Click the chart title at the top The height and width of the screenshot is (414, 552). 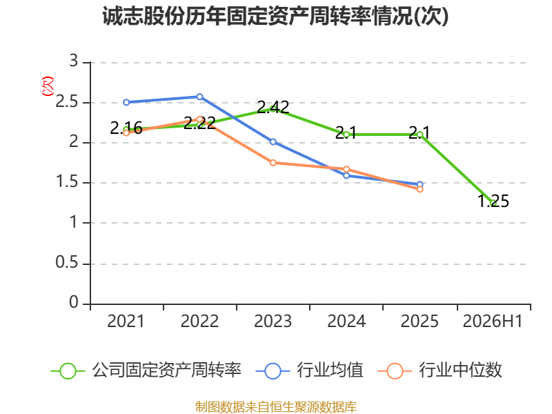275,16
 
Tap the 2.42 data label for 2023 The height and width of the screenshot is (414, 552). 273,107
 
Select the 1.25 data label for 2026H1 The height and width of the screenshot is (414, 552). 493,201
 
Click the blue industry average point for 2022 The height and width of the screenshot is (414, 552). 199,97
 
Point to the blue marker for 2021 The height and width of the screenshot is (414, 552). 126,102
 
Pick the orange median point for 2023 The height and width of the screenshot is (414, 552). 273,163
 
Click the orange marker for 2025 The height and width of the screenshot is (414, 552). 420,189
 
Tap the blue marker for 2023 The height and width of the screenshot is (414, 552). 273,142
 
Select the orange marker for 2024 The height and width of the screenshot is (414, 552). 346,169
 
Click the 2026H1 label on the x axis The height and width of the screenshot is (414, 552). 493,322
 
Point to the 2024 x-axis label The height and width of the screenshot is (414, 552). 346,322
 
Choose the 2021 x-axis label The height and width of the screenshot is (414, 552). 126,322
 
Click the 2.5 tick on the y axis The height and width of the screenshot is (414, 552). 66,102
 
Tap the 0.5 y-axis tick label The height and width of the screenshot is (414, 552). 66,263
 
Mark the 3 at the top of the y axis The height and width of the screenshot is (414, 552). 74,61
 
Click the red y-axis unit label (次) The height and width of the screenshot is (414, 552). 48,86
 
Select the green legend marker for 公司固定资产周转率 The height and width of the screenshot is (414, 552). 68,371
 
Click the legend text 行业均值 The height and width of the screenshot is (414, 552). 330,371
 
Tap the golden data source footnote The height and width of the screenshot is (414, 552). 276,407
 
